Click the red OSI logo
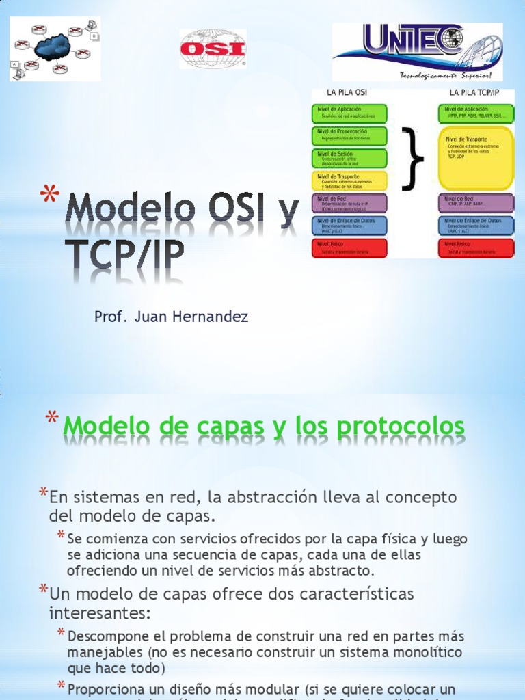(213, 49)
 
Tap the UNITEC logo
(417, 49)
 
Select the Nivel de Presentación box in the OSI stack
(349, 135)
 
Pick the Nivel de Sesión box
(349, 159)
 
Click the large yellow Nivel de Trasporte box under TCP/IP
(476, 158)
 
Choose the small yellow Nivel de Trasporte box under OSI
(349, 180)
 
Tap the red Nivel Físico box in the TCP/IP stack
(476, 247)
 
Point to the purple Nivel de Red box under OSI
(349, 203)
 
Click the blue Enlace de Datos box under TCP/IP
(476, 225)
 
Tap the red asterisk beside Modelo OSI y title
(49, 198)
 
